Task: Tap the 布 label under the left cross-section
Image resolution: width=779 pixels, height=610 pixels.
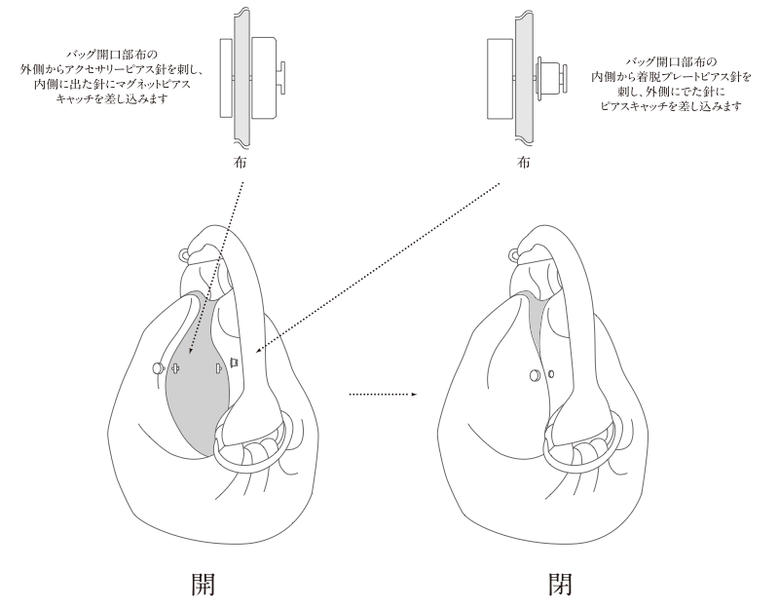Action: point(240,163)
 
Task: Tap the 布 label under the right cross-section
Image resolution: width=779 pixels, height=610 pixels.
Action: point(524,163)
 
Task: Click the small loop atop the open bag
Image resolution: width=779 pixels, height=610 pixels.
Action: point(184,256)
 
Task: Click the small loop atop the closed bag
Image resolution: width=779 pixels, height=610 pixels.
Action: point(517,256)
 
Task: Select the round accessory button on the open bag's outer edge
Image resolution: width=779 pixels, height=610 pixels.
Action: point(159,368)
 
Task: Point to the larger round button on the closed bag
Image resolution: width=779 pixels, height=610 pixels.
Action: point(535,374)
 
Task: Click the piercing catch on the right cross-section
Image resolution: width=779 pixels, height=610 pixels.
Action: point(552,74)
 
